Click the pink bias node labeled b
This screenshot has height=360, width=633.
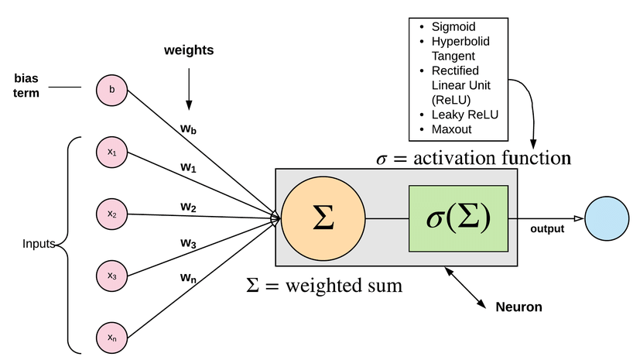tap(112, 90)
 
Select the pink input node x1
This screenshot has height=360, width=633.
tap(112, 153)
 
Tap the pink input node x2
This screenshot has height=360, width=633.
tap(112, 214)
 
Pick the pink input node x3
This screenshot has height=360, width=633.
tap(112, 276)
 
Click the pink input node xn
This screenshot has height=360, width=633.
tap(112, 338)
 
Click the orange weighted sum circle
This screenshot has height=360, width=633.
tap(322, 219)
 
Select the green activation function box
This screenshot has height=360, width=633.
tap(458, 219)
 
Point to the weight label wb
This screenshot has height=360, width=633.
tap(188, 129)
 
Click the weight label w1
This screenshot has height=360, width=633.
tap(188, 166)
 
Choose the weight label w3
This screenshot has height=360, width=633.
tap(188, 243)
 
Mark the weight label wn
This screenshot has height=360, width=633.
tap(188, 277)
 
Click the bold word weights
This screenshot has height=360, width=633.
tap(188, 51)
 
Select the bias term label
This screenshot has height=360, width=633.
tap(31, 85)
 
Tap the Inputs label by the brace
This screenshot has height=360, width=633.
tap(39, 244)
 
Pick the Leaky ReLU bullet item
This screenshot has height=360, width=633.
tap(464, 114)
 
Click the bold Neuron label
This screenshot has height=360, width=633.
tap(518, 307)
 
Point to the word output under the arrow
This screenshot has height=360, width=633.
tap(547, 228)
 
